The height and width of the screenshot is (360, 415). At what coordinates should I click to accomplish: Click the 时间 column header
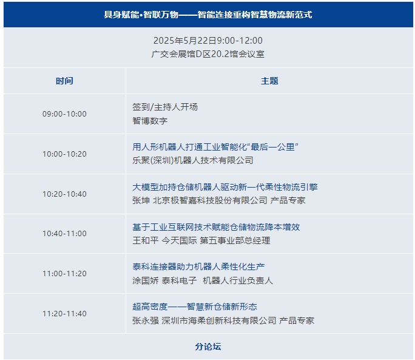[64, 81]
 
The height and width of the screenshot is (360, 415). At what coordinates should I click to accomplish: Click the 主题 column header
[269, 81]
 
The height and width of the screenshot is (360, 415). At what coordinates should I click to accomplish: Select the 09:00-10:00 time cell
[64, 114]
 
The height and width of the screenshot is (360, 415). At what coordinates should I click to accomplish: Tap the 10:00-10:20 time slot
[64, 154]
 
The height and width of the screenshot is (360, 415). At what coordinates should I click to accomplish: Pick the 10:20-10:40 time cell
[64, 194]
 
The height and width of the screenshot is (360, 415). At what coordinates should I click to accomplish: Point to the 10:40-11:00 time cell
[64, 233]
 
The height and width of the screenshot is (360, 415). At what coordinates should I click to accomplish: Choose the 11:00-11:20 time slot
[64, 273]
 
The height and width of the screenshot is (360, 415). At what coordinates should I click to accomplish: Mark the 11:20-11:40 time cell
[64, 314]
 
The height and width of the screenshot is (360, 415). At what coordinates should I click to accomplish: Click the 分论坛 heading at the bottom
[208, 347]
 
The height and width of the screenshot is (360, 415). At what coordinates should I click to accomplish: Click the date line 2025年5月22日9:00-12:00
[208, 41]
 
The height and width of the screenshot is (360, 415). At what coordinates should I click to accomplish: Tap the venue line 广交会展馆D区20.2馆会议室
[208, 54]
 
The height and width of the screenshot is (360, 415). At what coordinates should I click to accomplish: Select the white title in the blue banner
[208, 15]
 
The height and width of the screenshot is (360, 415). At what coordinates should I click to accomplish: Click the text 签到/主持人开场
[165, 107]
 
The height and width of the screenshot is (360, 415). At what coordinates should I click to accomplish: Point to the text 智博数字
[150, 121]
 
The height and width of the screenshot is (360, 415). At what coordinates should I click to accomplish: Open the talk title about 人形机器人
[215, 147]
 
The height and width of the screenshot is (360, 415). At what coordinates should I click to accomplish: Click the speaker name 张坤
[141, 200]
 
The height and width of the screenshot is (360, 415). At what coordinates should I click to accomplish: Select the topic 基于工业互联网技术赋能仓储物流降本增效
[216, 227]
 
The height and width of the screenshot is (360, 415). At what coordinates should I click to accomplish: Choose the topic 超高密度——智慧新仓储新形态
[195, 307]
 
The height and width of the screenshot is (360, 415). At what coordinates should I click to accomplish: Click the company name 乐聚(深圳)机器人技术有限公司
[193, 160]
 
